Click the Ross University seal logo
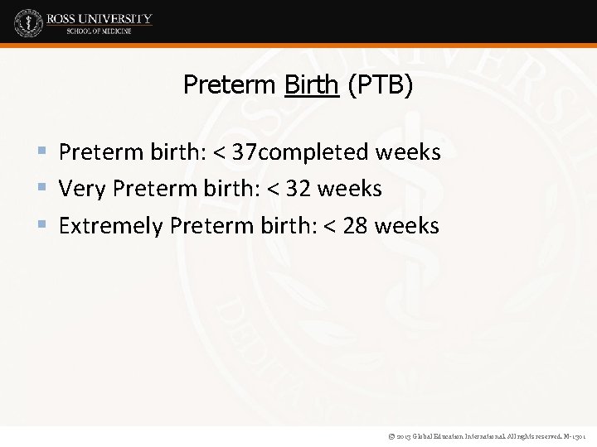[28, 22]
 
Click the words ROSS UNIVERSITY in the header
[99, 18]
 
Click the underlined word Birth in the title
[311, 84]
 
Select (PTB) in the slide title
[380, 84]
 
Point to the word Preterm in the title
[231, 84]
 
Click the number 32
[297, 190]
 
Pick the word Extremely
[111, 226]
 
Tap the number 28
[354, 226]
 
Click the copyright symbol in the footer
[390, 435]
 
